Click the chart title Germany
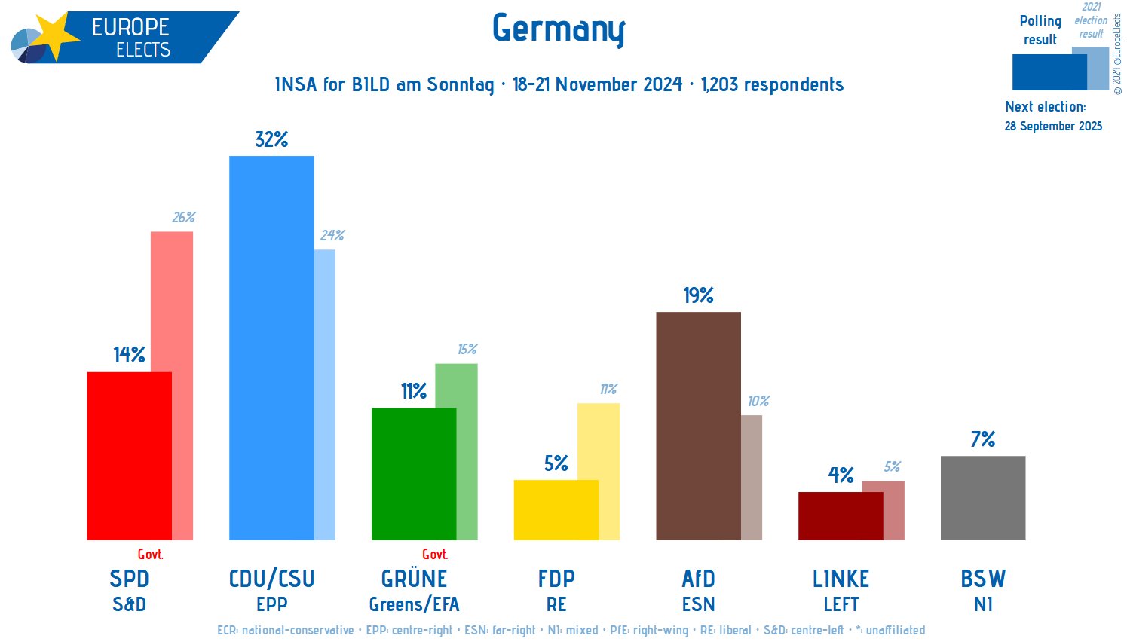[559, 29]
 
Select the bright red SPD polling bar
[129, 456]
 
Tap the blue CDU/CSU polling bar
[271, 347]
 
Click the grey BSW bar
[982, 497]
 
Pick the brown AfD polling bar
[698, 426]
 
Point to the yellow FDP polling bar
[556, 509]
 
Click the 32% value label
[271, 139]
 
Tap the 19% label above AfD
[698, 295]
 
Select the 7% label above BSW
[982, 439]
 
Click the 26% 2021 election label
[183, 217]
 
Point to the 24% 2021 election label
[332, 235]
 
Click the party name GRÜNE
[414, 579]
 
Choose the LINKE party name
[841, 579]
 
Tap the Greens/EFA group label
[414, 604]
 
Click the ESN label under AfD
[698, 604]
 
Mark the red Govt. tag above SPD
[150, 555]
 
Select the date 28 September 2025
[1053, 126]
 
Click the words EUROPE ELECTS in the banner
[131, 38]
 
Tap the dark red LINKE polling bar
[840, 515]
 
